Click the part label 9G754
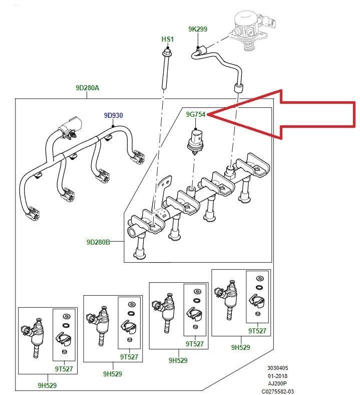click(x=196, y=114)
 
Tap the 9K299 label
click(x=198, y=29)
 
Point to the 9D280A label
click(x=87, y=88)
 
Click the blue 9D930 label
click(x=113, y=115)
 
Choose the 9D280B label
click(x=98, y=242)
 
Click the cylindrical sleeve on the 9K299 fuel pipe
click(x=237, y=90)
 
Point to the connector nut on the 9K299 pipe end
click(x=200, y=51)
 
